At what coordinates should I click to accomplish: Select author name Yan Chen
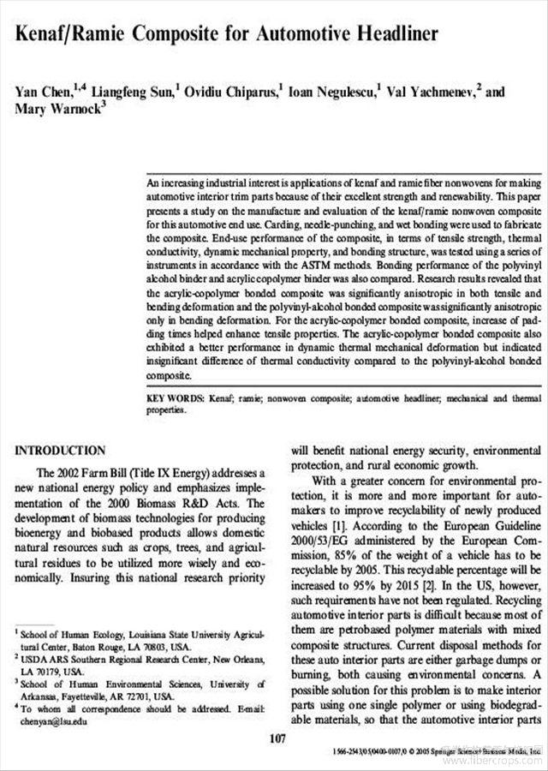pos(43,93)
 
